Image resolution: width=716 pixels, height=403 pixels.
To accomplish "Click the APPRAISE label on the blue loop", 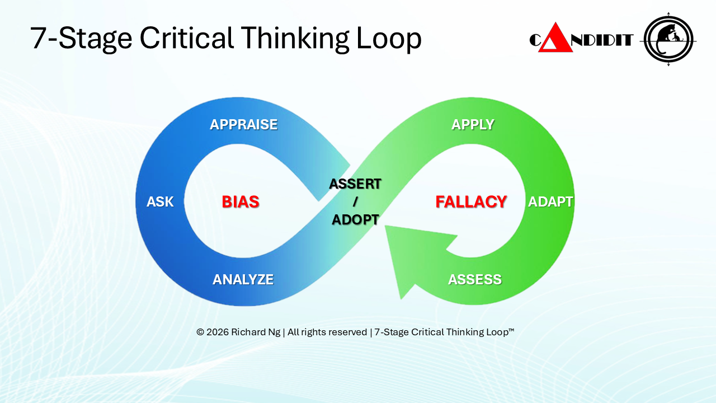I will pos(243,124).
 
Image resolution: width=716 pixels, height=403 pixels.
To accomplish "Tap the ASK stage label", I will pos(160,201).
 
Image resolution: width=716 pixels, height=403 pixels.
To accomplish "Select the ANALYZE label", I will pos(243,279).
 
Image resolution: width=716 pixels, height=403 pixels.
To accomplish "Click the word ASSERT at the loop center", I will pos(355,184).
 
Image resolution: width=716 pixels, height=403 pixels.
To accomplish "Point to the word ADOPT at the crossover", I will pos(355,220).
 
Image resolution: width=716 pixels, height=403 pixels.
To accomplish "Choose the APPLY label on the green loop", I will pos(473,124).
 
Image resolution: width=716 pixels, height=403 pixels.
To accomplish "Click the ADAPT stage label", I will pos(550,201).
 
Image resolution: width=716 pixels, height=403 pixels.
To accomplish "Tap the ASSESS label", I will pos(474,279).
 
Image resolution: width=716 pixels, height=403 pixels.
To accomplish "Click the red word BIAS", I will pos(241,201).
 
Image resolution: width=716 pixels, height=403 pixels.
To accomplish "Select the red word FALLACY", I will pos(471,201).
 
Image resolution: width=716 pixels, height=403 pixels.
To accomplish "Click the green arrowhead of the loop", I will pos(406,252).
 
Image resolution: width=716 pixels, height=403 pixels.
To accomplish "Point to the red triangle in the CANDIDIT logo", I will pos(555,39).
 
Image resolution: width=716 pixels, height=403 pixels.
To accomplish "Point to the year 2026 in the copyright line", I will pos(218,332).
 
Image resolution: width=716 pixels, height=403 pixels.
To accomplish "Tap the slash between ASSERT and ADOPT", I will pos(355,202).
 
